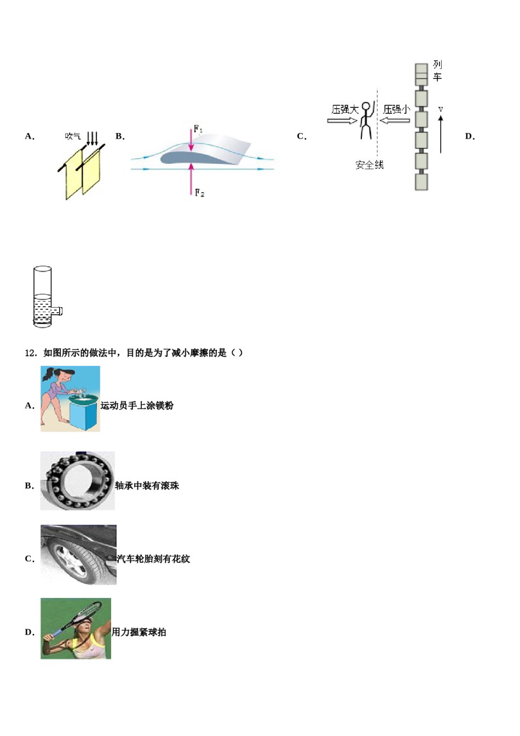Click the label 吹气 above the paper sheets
[x=72, y=136]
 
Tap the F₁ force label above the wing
[x=198, y=129]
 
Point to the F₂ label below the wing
[x=199, y=193]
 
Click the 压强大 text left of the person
[x=344, y=110]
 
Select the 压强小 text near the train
[x=396, y=110]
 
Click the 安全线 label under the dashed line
[x=369, y=165]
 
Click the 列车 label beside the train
[x=437, y=71]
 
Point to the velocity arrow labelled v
[x=441, y=131]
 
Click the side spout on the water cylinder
[x=58, y=312]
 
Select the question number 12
[x=30, y=353]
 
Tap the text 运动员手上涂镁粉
[x=137, y=406]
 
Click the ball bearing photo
[x=78, y=481]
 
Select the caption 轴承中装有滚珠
[x=147, y=486]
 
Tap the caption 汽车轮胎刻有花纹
[x=153, y=559]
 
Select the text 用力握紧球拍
[x=138, y=633]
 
